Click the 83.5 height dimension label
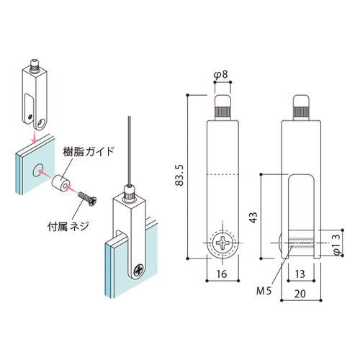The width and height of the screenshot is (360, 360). coord(179,175)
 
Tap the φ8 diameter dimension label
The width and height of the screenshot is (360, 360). coord(220,75)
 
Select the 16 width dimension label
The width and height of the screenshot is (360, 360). coord(222,274)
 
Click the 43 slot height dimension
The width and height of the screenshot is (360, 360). coord(253,217)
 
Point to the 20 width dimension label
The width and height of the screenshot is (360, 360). coord(300,294)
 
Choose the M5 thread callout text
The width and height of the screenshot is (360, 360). coord(264,291)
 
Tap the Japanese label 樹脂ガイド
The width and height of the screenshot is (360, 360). coord(89,152)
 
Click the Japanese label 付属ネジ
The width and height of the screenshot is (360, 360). coord(68,226)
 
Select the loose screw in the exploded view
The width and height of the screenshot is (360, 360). coord(87,199)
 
